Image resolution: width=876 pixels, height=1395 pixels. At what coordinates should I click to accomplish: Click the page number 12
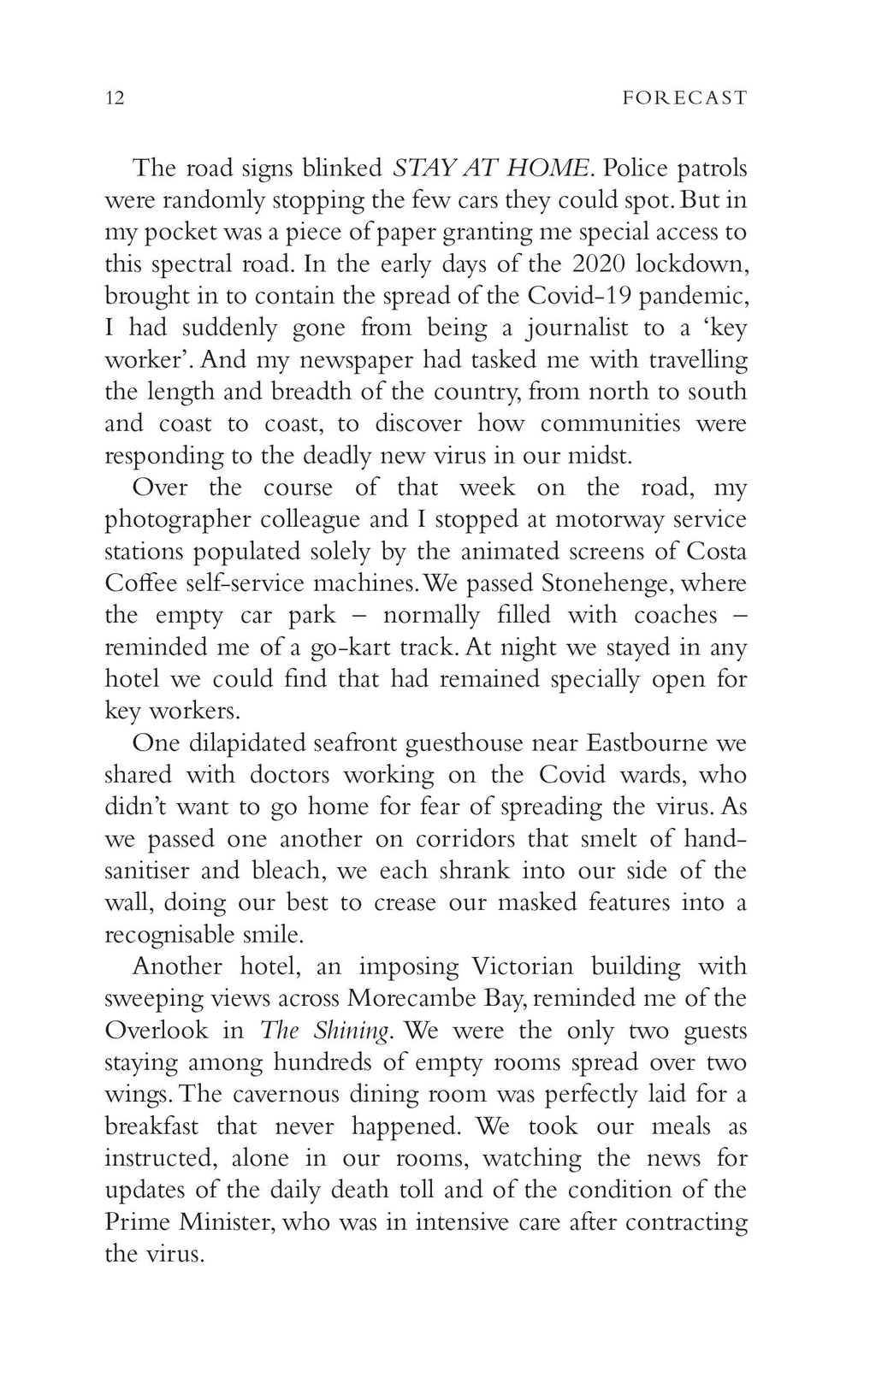tap(115, 98)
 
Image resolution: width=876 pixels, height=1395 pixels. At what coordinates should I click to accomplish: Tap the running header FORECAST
tap(684, 98)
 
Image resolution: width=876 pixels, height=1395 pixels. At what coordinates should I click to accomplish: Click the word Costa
tap(717, 552)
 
